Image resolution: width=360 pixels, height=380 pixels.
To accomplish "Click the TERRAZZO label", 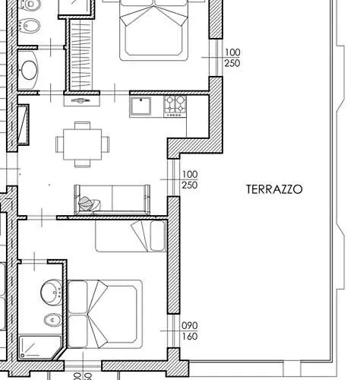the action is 274,189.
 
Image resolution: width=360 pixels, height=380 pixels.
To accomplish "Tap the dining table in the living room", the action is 83,144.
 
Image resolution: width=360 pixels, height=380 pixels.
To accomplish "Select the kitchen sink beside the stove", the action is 141,106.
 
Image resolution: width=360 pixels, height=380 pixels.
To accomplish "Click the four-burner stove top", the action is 175,106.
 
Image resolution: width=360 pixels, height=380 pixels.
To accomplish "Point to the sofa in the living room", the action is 112,199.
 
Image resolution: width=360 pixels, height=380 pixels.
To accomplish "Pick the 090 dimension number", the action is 190,325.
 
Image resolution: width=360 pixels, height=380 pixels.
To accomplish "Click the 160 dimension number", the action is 190,337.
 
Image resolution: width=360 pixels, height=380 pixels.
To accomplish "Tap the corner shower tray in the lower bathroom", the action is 40,347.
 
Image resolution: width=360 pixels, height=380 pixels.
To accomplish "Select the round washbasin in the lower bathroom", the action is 52,293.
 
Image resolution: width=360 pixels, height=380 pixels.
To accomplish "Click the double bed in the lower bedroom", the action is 105,314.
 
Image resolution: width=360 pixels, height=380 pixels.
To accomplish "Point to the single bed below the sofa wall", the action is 131,236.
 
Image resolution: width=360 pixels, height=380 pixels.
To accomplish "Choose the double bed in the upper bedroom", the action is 154,30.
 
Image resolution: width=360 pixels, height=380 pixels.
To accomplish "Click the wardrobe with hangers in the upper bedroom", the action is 81,55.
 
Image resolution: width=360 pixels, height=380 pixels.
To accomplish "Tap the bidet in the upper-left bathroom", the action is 30,25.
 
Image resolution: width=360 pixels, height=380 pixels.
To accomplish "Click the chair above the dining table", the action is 82,125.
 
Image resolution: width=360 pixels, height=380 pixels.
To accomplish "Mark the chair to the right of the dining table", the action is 106,144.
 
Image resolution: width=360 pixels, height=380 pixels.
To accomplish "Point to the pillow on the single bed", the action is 157,236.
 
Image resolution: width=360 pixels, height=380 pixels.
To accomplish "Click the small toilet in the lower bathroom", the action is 52,320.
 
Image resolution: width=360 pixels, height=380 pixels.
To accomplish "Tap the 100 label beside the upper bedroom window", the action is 232,52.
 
